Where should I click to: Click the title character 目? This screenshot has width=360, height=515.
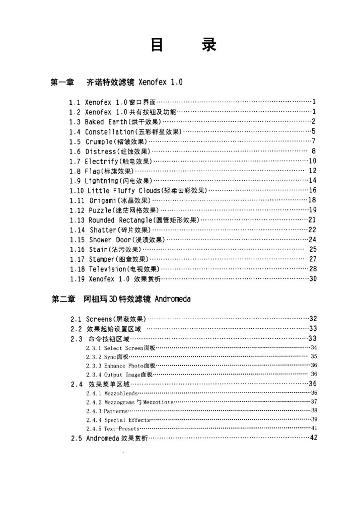[x=157, y=45]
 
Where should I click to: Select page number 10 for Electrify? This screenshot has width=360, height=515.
[x=312, y=161]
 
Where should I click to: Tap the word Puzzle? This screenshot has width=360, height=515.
[x=101, y=210]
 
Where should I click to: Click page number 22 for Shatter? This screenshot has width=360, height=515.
[x=312, y=230]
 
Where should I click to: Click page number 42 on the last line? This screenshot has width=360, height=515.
[x=313, y=438]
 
